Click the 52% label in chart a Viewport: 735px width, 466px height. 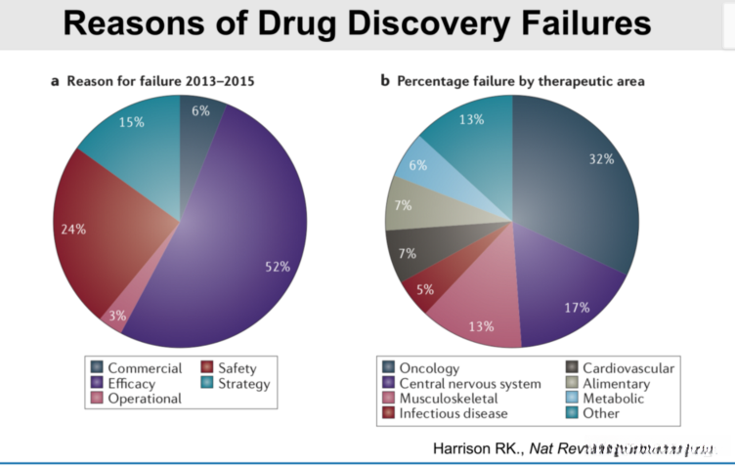point(278,267)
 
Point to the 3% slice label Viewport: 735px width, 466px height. point(117,316)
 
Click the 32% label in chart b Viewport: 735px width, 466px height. point(601,159)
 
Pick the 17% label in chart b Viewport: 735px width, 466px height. point(577,307)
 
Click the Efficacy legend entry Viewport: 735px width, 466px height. point(130,384)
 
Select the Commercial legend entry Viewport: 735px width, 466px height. point(144,368)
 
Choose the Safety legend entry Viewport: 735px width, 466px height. point(238,368)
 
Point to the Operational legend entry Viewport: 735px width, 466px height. point(144,399)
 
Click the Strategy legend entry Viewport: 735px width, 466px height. point(242,384)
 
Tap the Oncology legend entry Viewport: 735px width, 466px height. point(431,368)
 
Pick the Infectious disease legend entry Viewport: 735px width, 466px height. point(454,413)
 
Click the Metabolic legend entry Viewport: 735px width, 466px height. point(613,399)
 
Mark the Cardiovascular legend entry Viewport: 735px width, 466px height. point(627,368)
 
